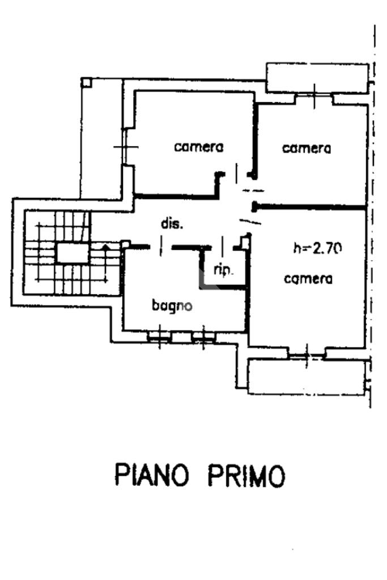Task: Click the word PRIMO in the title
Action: point(245,475)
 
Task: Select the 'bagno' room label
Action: point(172,306)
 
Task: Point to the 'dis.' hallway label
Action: point(172,224)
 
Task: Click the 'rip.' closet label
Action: point(224,270)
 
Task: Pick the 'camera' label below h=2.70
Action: point(308,278)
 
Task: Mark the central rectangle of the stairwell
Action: point(73,252)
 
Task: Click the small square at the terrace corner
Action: point(86,82)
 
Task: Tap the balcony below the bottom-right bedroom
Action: point(307,378)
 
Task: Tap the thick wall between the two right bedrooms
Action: point(309,208)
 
